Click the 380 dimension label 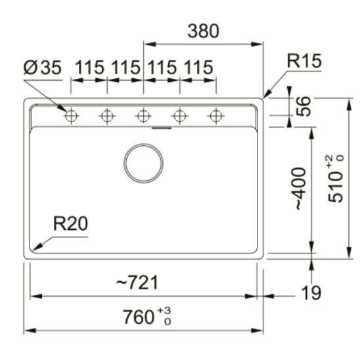pyautogui.click(x=203, y=31)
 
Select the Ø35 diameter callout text pyautogui.click(x=41, y=67)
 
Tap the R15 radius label pyautogui.click(x=304, y=62)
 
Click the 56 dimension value pyautogui.click(x=304, y=106)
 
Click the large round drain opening pyautogui.click(x=144, y=162)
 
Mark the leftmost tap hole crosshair pyautogui.click(x=71, y=116)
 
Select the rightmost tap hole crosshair pyautogui.click(x=214, y=116)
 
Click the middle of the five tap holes pyautogui.click(x=143, y=116)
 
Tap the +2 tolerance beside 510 pyautogui.click(x=338, y=159)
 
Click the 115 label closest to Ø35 pyautogui.click(x=89, y=67)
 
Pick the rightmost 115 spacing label pyautogui.click(x=198, y=67)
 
